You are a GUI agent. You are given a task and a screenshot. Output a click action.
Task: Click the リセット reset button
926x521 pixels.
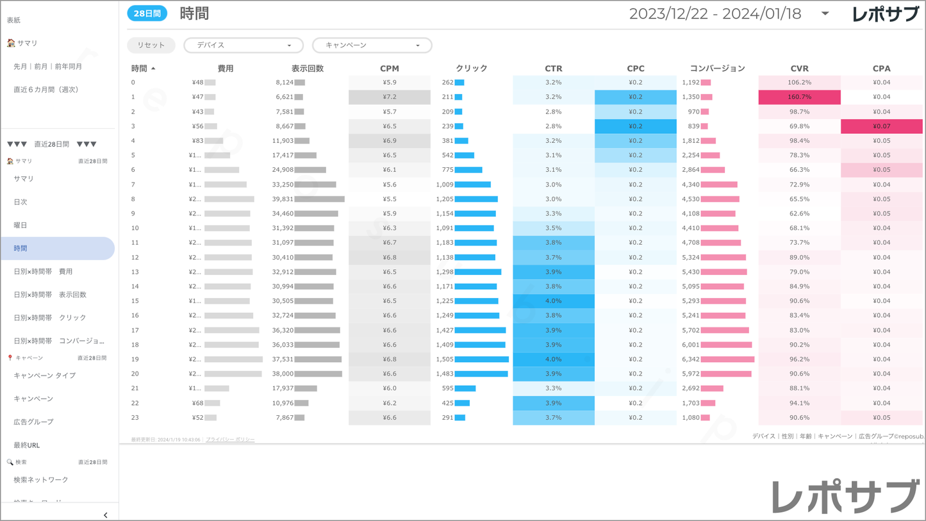click(151, 45)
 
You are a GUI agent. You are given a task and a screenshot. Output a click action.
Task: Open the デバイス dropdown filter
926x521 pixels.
click(244, 45)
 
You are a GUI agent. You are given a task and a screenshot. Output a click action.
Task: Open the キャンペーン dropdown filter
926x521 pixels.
click(372, 45)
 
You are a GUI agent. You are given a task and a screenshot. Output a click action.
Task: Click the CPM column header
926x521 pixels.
click(390, 69)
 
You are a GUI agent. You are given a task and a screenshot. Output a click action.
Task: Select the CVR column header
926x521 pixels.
click(799, 69)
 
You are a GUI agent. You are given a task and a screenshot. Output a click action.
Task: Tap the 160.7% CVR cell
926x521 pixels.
click(799, 97)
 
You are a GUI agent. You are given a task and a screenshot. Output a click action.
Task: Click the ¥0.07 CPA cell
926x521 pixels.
click(881, 126)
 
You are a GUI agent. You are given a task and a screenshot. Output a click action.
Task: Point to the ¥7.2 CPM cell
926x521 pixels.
click(390, 97)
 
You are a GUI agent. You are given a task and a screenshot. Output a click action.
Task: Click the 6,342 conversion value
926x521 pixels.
click(690, 360)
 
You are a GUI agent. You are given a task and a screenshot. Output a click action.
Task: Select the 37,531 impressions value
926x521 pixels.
click(283, 360)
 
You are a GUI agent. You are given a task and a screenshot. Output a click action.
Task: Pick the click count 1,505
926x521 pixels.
click(444, 360)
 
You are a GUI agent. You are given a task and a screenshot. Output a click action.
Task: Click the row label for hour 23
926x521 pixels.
click(135, 418)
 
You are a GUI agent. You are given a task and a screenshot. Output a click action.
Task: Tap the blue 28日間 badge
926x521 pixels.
click(147, 13)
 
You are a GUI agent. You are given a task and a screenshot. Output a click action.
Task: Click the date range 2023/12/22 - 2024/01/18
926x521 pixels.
click(715, 14)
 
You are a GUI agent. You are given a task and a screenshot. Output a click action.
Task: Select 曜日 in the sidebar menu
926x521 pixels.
click(21, 226)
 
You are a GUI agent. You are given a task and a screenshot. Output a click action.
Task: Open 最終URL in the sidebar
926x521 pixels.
click(27, 445)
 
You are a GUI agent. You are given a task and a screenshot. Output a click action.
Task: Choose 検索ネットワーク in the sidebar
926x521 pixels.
click(41, 480)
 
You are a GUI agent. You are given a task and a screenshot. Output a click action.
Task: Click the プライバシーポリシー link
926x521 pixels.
click(230, 440)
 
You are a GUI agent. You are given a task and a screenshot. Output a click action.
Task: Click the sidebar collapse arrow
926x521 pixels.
click(106, 515)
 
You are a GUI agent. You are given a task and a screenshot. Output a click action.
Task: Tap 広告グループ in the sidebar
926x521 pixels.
click(33, 422)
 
